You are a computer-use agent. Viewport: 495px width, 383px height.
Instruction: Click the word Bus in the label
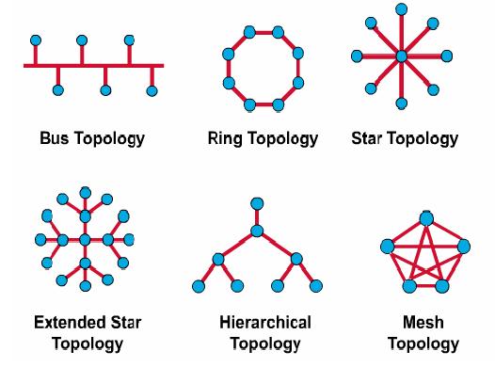point(54,138)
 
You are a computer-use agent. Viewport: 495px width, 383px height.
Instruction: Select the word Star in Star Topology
point(366,138)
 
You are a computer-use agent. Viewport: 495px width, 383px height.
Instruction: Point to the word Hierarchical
point(265,323)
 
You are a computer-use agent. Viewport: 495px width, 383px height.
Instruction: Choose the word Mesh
point(423,323)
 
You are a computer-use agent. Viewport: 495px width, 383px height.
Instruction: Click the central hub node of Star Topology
point(401,56)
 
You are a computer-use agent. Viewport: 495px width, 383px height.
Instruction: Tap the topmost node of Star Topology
point(401,9)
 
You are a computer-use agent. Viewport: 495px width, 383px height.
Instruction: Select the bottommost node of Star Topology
point(401,104)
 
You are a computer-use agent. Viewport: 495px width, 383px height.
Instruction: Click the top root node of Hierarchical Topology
point(257,203)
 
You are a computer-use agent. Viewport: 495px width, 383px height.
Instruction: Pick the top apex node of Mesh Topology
point(426,219)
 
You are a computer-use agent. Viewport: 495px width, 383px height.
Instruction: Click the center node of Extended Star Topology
point(85,240)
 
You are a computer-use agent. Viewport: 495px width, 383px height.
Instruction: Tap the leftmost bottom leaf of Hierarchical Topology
point(199,286)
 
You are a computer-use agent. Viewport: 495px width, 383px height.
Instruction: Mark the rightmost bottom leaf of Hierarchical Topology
point(316,286)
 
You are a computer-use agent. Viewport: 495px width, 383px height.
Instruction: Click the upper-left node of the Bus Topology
point(36,40)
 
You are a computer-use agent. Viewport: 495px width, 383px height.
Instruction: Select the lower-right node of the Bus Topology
point(152,91)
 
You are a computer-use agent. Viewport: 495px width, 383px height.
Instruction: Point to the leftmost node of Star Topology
point(357,56)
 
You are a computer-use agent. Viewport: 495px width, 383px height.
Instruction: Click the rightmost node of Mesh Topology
point(463,247)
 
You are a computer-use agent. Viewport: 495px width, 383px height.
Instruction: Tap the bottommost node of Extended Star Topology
point(86,286)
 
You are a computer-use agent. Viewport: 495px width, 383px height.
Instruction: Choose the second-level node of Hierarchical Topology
point(257,231)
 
